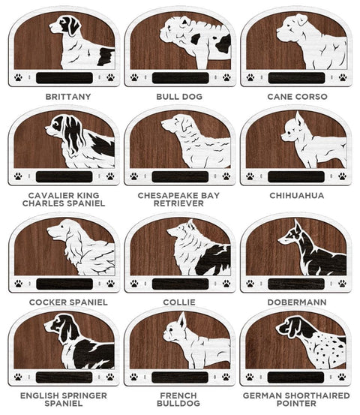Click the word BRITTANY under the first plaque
[68, 97]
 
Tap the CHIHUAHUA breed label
[297, 196]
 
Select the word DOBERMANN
[297, 302]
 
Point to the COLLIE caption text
[179, 302]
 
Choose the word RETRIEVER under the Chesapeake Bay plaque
[178, 203]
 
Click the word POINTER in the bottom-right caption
[296, 404]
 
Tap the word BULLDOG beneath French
[178, 404]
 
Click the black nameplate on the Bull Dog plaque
[181, 78]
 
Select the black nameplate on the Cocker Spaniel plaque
[64, 284]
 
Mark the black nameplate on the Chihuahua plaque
[296, 177]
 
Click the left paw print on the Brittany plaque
[18, 77]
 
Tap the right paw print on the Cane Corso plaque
[343, 77]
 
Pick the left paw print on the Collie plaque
[134, 284]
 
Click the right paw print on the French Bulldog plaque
[226, 377]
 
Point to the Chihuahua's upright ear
[299, 119]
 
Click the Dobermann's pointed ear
[298, 227]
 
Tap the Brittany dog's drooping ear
[73, 27]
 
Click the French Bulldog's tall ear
[182, 320]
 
